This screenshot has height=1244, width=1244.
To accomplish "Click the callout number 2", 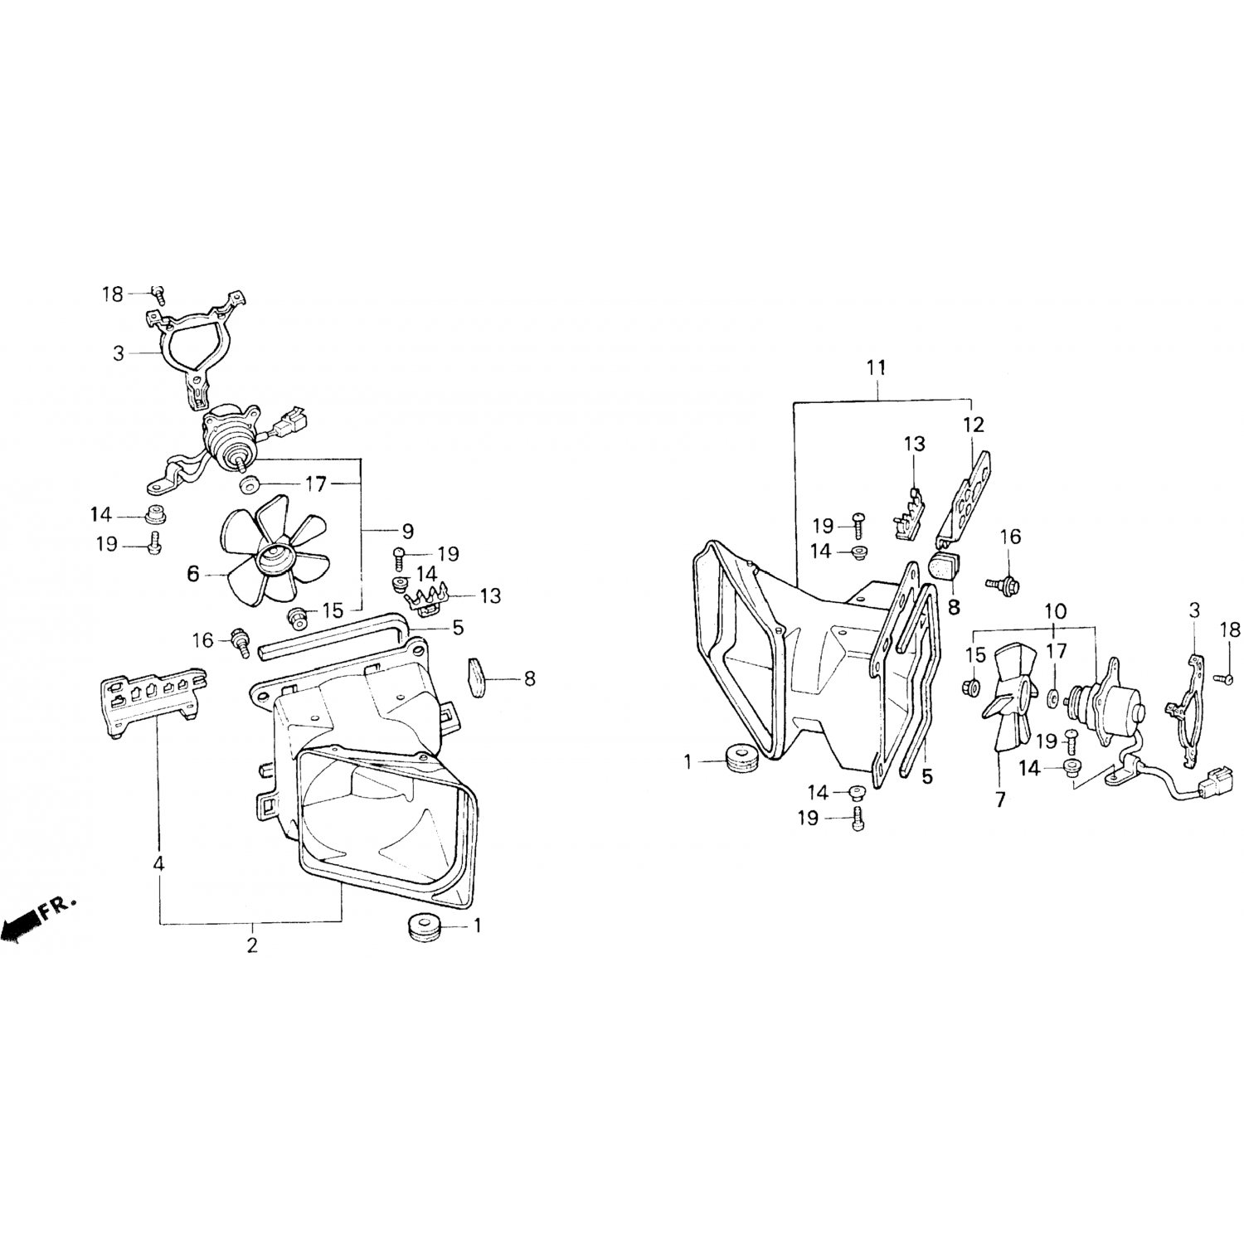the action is coord(252,945).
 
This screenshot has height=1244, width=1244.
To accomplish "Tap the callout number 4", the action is coord(158,863).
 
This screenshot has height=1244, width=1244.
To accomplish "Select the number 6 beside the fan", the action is coord(193,573).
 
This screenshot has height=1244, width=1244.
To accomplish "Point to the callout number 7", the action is coord(1000,800).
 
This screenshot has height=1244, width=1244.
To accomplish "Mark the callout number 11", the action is coord(877,367).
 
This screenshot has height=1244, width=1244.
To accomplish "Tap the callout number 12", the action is coord(974,425).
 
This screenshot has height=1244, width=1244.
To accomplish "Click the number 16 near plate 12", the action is coord(1010,537).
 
